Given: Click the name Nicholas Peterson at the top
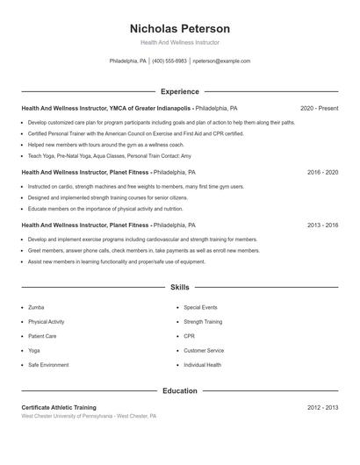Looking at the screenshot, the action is point(179,28).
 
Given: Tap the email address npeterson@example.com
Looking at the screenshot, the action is point(221,61).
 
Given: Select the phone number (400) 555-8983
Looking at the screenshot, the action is point(169,61).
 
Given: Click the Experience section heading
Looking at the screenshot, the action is point(179,91).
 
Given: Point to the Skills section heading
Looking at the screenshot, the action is point(179,287).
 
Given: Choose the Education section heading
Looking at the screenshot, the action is point(179,390).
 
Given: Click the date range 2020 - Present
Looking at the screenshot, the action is point(319,108).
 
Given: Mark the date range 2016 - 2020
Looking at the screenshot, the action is point(322,173).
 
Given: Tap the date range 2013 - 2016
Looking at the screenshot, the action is point(322,225).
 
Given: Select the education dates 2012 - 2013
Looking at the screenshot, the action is point(322,408).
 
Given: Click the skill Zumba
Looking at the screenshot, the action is point(36,308).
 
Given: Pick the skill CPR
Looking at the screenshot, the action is point(190,336).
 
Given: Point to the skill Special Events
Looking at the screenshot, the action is point(200,308).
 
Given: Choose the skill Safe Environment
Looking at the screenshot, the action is point(47,364).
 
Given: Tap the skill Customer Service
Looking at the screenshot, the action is point(204,350).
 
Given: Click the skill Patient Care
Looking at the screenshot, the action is point(42,336).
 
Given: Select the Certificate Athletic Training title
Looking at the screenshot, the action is point(59,408).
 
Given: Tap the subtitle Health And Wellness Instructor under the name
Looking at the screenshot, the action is point(179,42).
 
